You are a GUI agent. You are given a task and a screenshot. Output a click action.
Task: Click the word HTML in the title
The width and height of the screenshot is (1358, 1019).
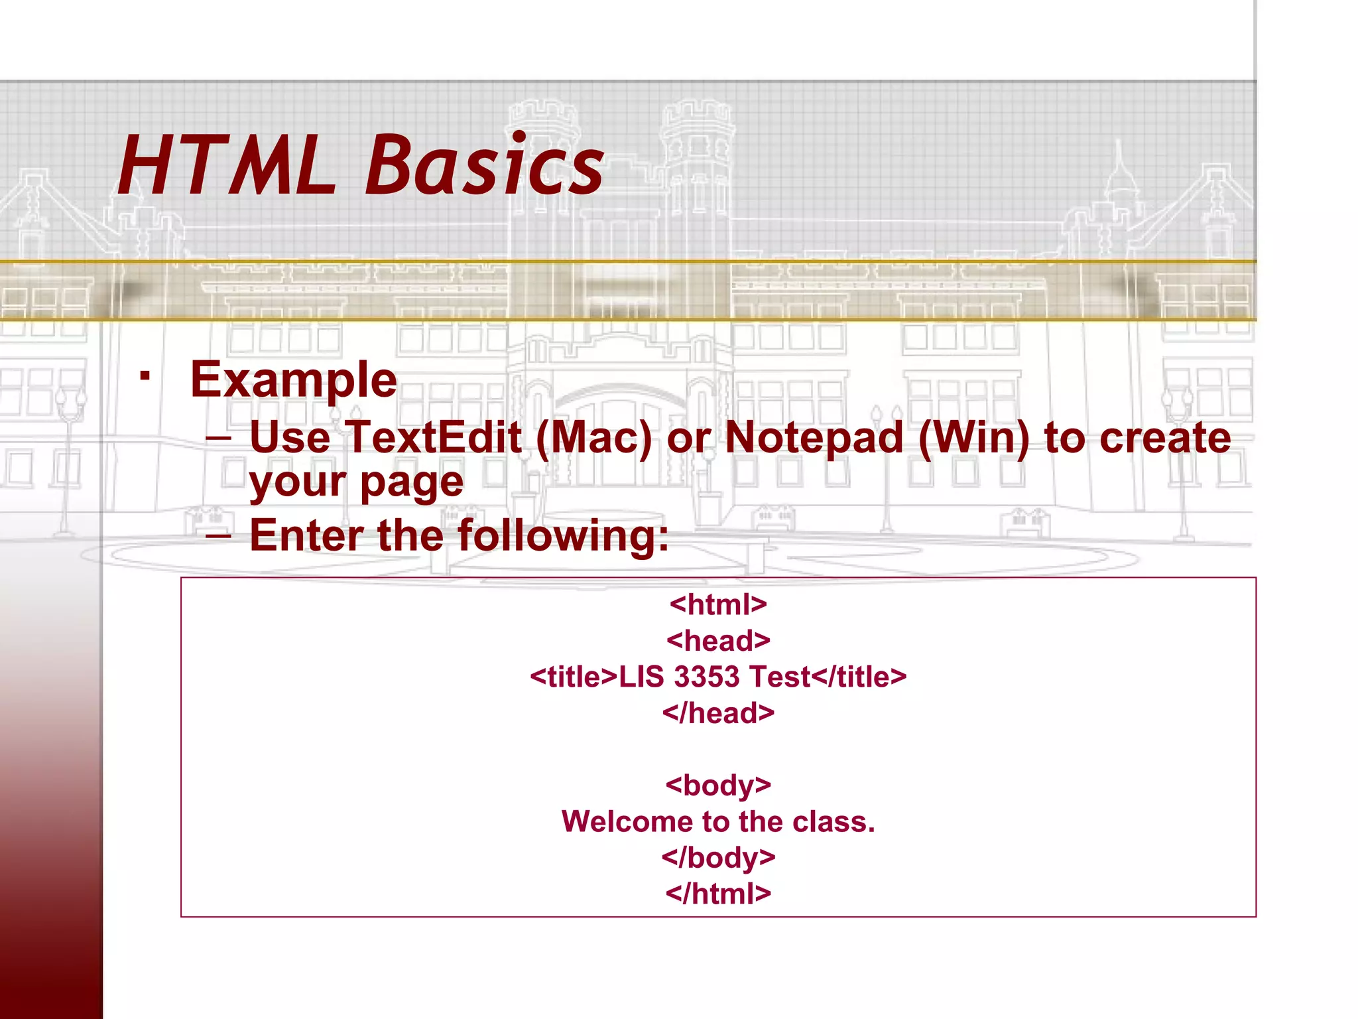click(x=225, y=166)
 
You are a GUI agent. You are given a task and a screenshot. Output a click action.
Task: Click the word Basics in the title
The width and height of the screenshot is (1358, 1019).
click(x=484, y=166)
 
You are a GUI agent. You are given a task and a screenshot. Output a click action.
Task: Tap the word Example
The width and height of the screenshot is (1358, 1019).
click(x=293, y=381)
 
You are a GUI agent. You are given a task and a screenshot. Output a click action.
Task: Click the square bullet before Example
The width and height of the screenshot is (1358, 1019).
click(x=145, y=376)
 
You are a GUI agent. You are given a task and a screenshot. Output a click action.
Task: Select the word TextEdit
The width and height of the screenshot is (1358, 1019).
click(x=434, y=439)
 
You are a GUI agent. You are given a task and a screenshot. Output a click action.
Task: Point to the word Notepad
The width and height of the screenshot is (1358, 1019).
click(x=814, y=439)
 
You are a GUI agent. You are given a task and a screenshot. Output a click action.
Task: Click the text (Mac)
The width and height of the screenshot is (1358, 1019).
click(x=593, y=439)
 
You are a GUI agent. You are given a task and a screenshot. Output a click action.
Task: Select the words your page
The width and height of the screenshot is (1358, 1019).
click(x=356, y=482)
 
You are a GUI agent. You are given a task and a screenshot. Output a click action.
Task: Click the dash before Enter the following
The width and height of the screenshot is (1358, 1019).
click(x=218, y=534)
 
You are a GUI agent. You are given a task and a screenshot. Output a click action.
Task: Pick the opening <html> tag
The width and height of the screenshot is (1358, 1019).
click(x=718, y=604)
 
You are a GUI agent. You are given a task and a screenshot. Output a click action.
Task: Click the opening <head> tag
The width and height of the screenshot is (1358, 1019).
click(x=718, y=641)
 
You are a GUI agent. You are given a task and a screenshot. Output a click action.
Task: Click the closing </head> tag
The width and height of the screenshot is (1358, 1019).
click(x=718, y=713)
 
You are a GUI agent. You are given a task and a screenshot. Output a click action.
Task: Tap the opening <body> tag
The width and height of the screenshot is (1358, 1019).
click(x=718, y=785)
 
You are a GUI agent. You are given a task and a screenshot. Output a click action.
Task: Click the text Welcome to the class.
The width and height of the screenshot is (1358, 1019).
click(x=718, y=822)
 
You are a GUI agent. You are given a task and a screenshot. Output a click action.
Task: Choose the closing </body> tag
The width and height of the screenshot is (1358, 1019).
click(x=718, y=858)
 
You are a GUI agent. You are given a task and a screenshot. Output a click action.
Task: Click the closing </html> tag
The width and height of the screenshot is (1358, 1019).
click(x=718, y=894)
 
